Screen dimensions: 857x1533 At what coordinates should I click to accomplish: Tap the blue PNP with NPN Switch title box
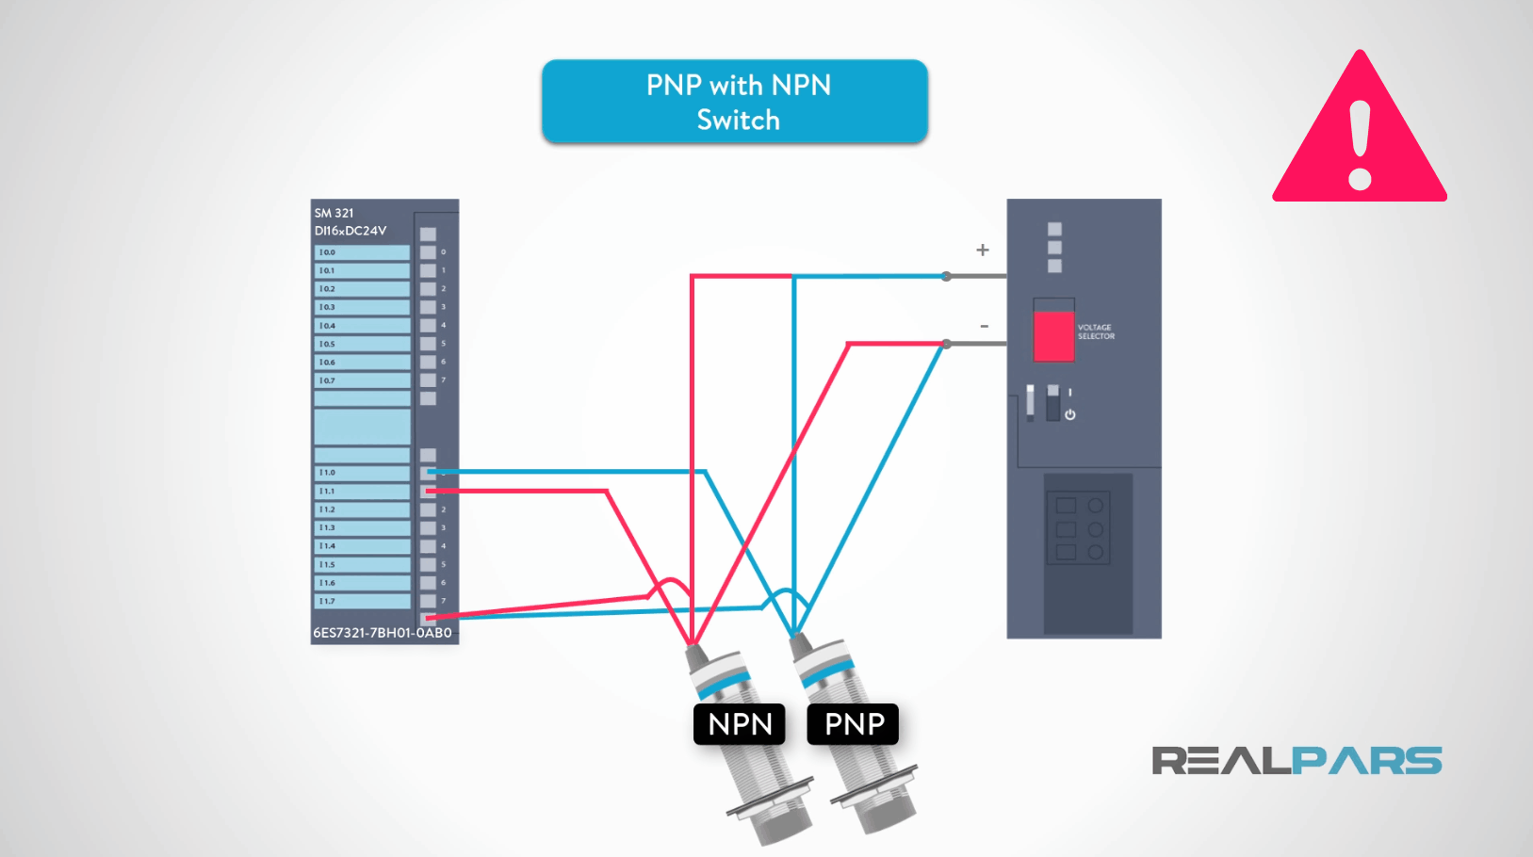[x=735, y=102]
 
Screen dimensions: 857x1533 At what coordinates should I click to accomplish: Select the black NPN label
[x=740, y=724]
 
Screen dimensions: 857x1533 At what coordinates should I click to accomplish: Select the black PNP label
[x=854, y=724]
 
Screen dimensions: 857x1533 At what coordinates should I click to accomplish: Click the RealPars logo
[x=1297, y=761]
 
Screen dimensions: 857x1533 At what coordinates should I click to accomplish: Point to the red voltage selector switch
[x=1053, y=336]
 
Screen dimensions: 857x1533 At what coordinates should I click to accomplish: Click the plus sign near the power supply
[x=983, y=250]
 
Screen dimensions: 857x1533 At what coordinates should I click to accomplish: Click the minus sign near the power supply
[x=984, y=326]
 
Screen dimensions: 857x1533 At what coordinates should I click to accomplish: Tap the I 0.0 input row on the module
[x=363, y=252]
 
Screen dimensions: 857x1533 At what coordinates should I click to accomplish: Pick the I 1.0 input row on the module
[x=363, y=473]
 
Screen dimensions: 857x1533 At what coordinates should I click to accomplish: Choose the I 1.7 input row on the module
[x=363, y=601]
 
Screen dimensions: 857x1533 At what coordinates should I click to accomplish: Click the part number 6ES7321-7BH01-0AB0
[x=383, y=633]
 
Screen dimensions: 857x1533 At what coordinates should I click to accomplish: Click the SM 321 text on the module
[x=334, y=213]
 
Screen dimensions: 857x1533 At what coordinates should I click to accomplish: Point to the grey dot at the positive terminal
[x=946, y=277]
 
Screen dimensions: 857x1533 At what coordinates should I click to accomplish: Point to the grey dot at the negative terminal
[x=946, y=344]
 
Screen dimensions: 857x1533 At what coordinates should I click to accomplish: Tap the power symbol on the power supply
[x=1069, y=414]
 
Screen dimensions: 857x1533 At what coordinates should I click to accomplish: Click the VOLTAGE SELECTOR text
[x=1096, y=331]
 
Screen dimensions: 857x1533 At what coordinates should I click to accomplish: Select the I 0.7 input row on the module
[x=363, y=380]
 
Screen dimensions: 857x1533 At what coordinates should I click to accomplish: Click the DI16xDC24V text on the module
[x=351, y=231]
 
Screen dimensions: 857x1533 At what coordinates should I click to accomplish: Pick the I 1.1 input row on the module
[x=363, y=491]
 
